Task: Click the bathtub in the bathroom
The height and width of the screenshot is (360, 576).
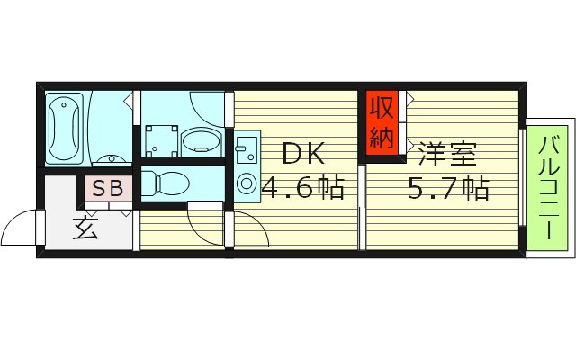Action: (66, 129)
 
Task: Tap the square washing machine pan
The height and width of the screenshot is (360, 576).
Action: (161, 139)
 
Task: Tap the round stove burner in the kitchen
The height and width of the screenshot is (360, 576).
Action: (246, 183)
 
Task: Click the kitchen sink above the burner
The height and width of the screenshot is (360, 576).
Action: (245, 148)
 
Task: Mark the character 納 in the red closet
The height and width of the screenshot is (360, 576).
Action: (382, 137)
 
